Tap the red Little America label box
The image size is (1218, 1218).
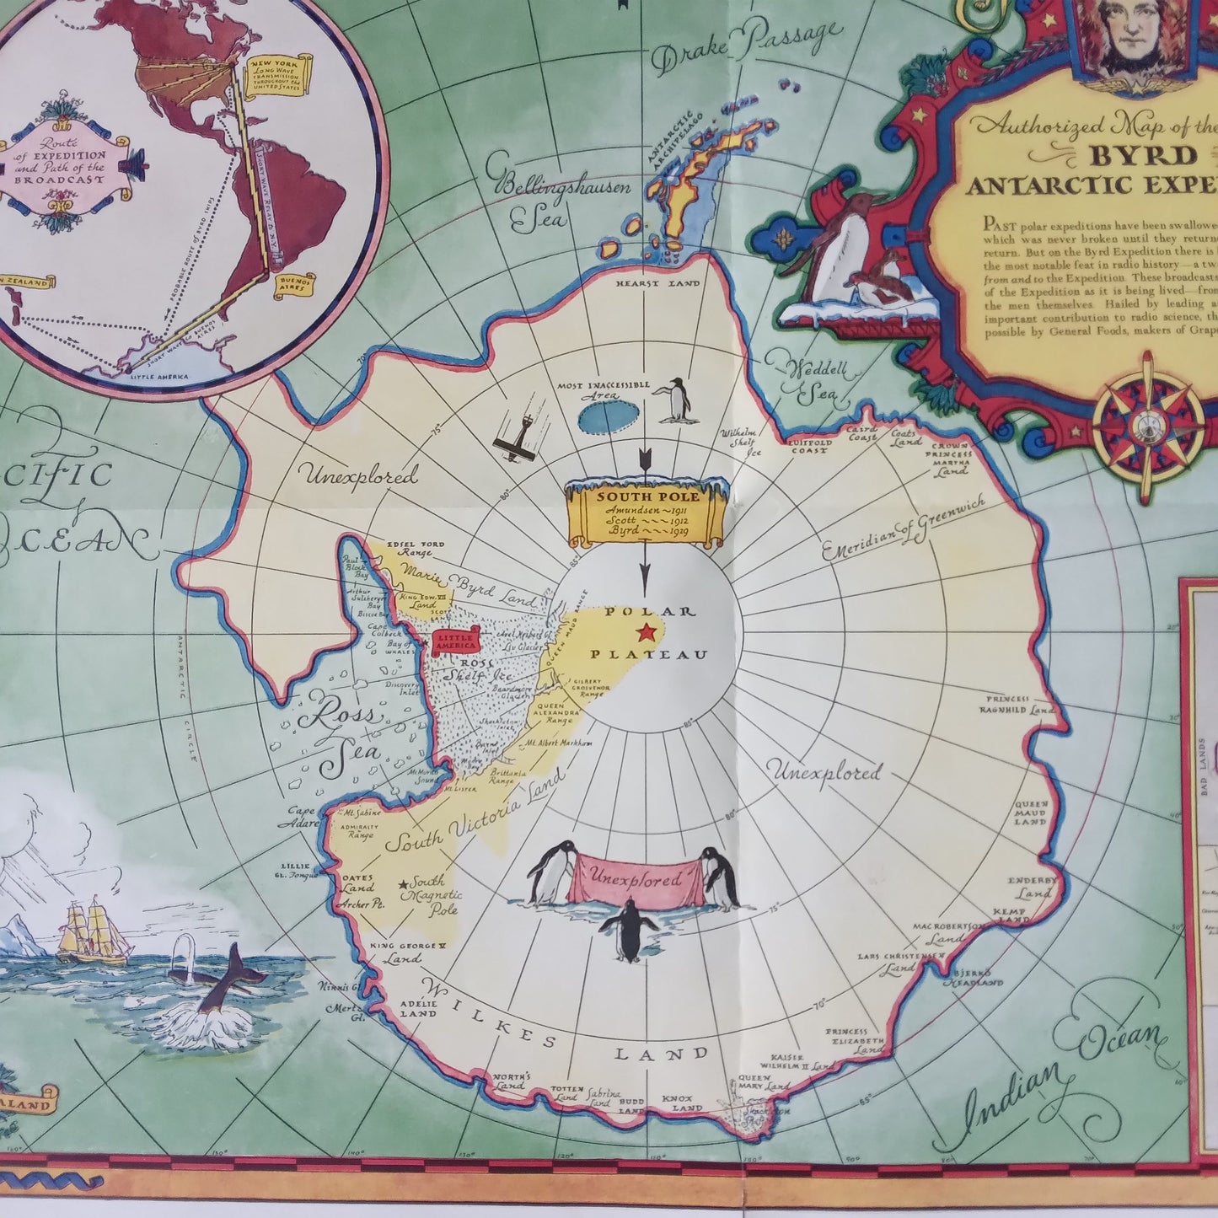coord(455,643)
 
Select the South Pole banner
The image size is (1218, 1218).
coord(646,512)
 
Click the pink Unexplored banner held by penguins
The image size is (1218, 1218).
coord(636,881)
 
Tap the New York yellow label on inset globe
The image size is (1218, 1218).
coord(278,76)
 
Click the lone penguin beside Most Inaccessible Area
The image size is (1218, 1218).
coord(675,400)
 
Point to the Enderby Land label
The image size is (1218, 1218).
coord(1032,888)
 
